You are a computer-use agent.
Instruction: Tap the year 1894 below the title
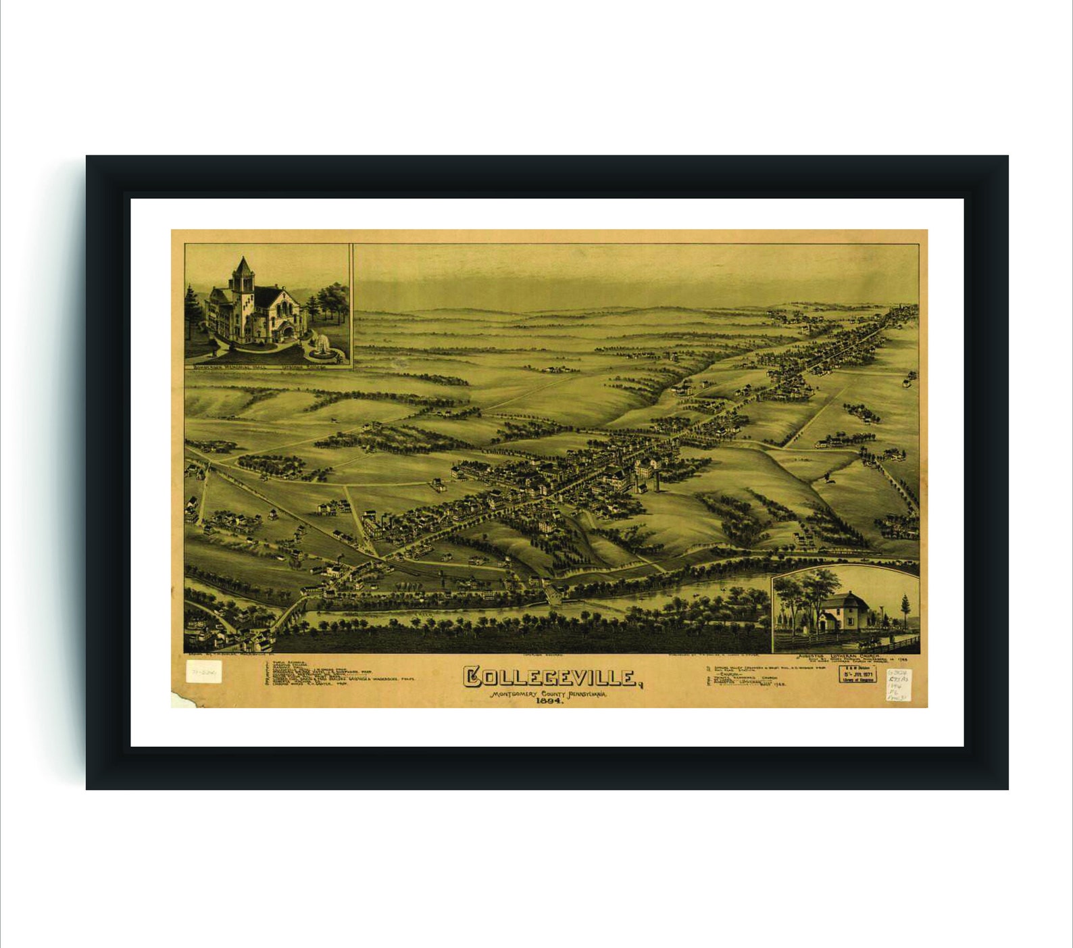pos(550,701)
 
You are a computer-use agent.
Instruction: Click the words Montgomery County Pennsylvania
pos(549,693)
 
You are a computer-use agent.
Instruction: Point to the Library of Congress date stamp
pos(857,674)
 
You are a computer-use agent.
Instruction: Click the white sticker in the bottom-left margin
pos(203,672)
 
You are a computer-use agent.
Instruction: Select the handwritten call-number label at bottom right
pos(898,684)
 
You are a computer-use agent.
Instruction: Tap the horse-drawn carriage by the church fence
pos(872,639)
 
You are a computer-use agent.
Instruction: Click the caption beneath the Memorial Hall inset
pos(268,368)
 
